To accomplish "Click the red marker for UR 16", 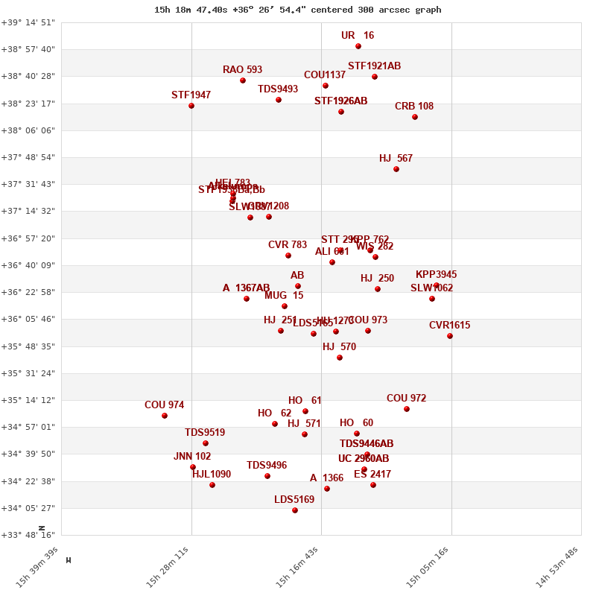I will click(358, 46).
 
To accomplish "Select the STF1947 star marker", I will click(191, 106).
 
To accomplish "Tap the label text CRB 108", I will click(414, 107).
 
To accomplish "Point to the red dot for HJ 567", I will click(396, 169).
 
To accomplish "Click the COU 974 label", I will click(164, 405).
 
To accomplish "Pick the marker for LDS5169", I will click(295, 510).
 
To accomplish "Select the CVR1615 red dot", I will click(450, 336).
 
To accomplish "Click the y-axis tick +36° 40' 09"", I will click(28, 265).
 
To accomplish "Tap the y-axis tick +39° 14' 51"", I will click(28, 22).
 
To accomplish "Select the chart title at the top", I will click(298, 10).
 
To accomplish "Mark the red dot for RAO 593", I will click(243, 80).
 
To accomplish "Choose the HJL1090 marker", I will click(212, 485).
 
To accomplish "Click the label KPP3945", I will click(437, 275).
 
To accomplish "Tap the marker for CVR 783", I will click(288, 256).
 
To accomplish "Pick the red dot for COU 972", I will click(407, 409).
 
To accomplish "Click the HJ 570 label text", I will click(339, 347).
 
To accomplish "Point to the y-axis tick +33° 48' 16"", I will click(28, 535).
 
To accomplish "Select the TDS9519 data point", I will click(206, 443).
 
